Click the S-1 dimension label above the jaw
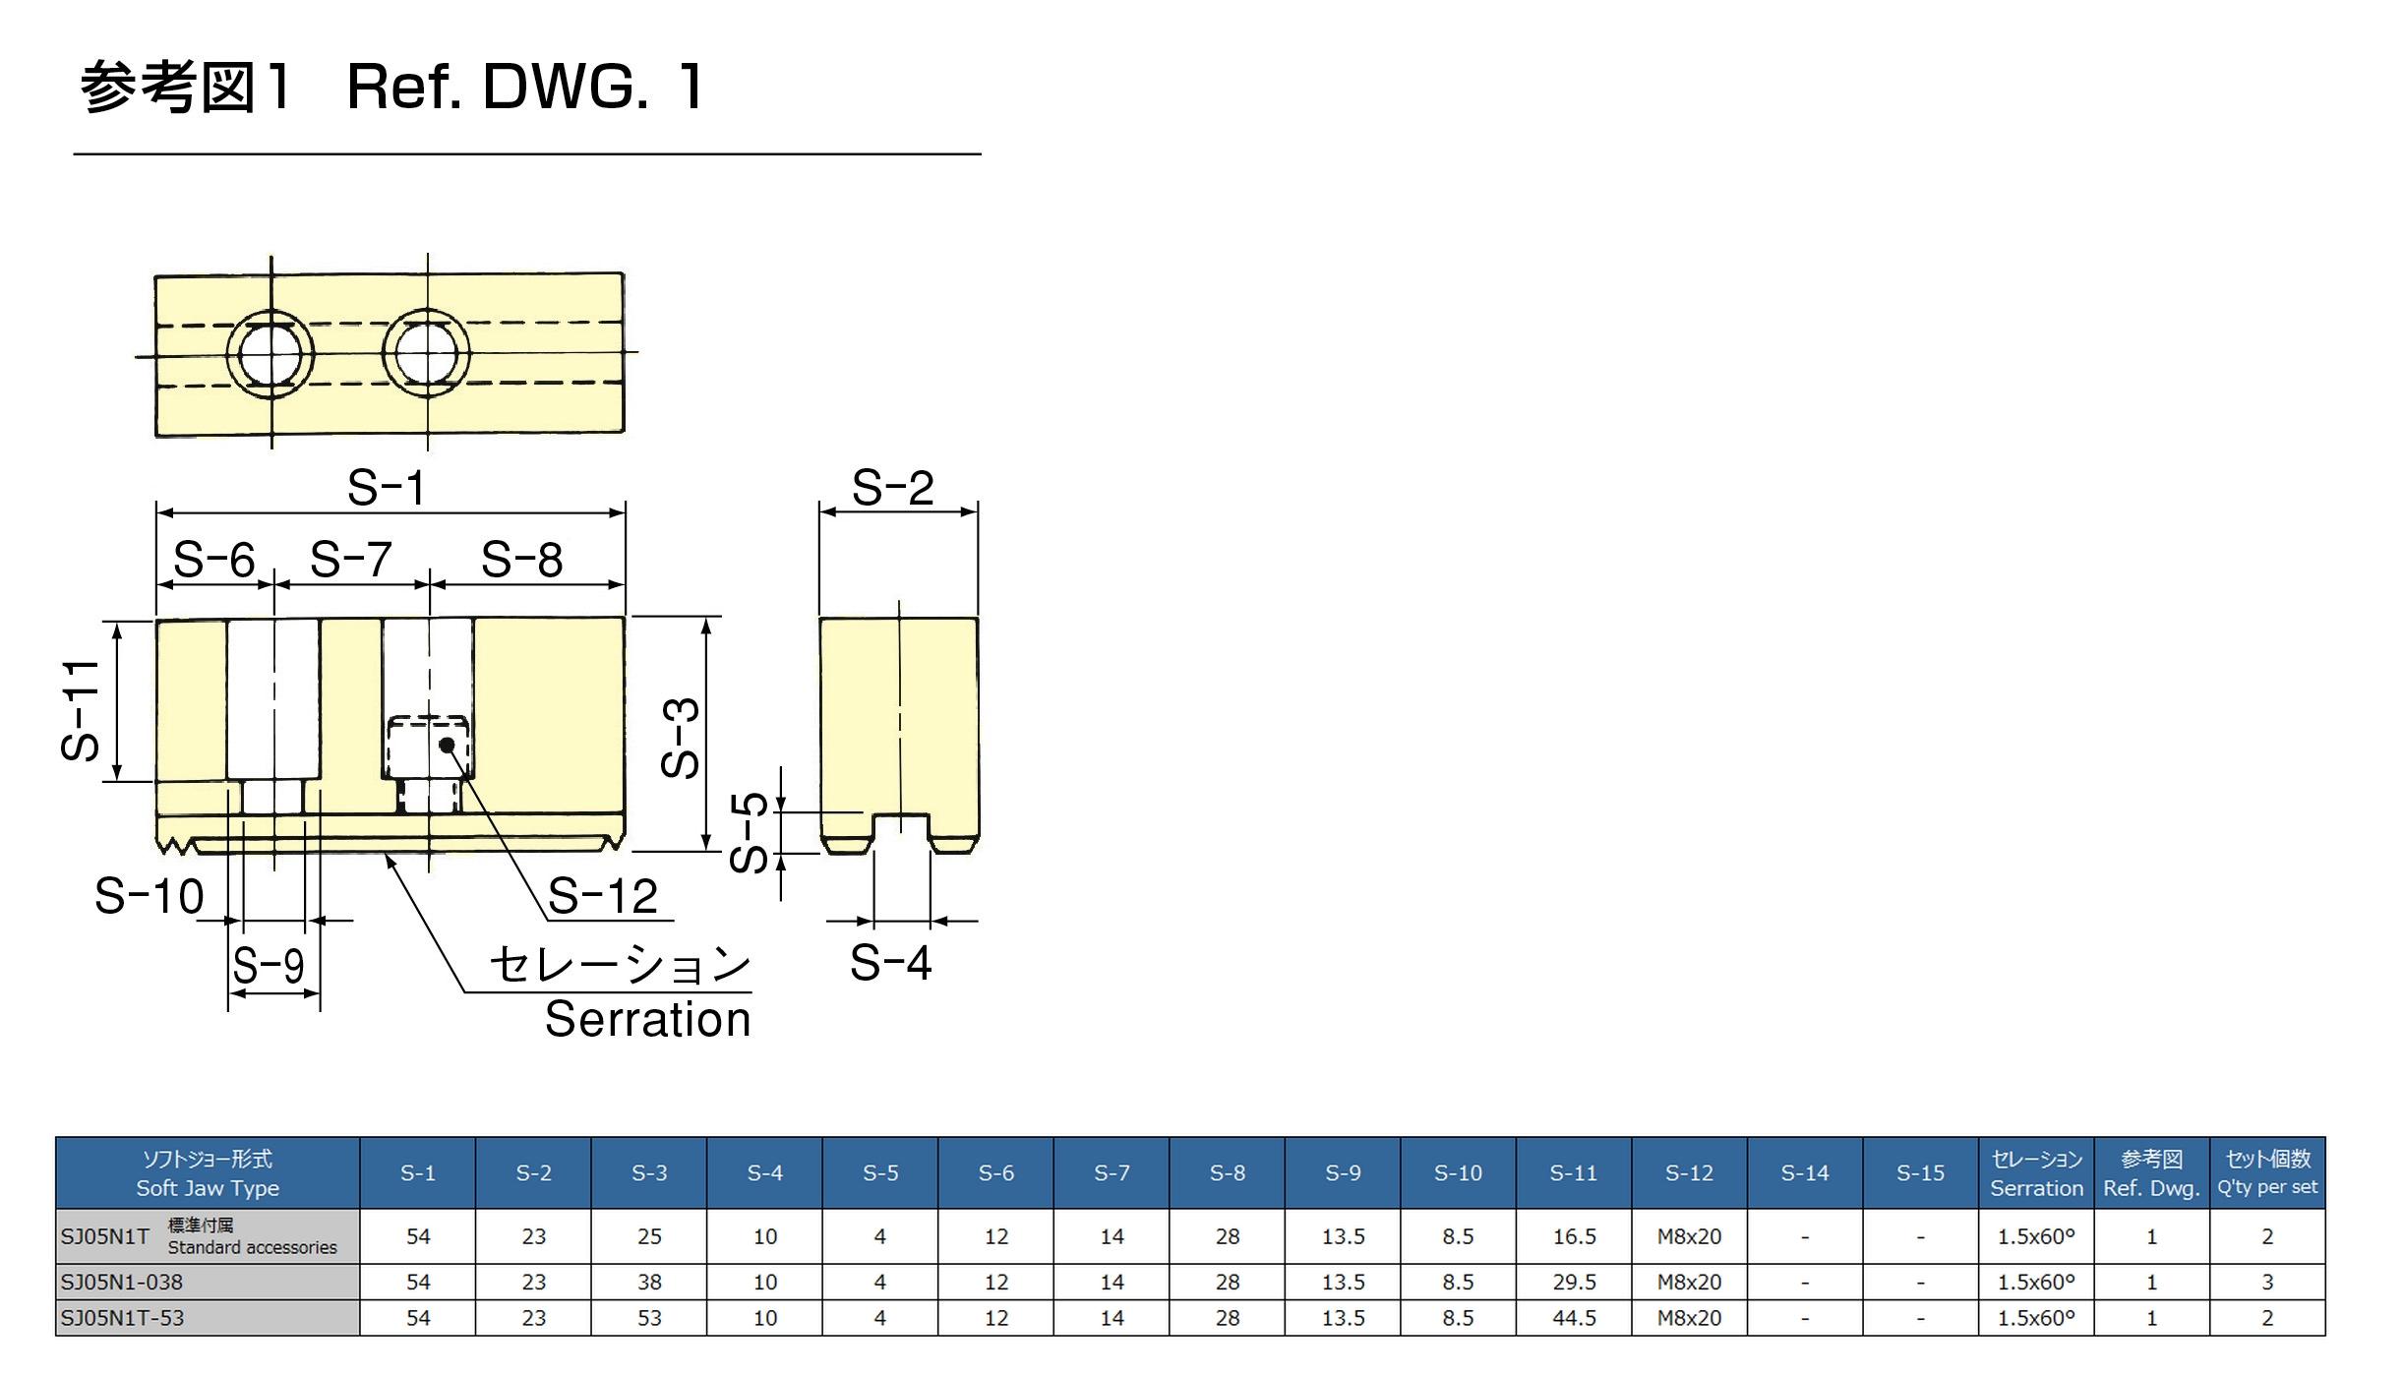(x=386, y=487)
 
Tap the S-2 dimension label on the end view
(x=892, y=487)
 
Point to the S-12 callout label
(x=602, y=896)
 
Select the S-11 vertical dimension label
(x=81, y=710)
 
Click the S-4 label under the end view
(x=890, y=962)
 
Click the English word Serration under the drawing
(x=648, y=1019)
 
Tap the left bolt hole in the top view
(x=270, y=354)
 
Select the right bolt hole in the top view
(x=426, y=353)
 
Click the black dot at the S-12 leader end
(x=448, y=745)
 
